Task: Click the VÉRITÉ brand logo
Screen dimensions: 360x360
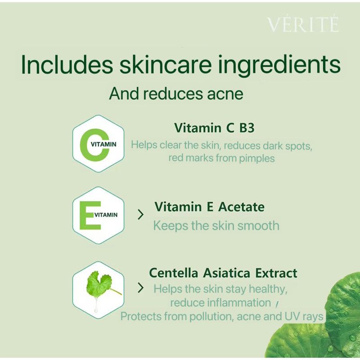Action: pyautogui.click(x=303, y=24)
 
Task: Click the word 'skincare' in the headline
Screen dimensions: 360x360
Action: pyautogui.click(x=165, y=64)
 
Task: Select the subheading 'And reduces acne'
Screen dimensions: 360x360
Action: pyautogui.click(x=176, y=94)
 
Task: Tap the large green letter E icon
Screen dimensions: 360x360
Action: pyautogui.click(x=90, y=216)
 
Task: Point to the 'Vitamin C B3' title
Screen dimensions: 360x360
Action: pyautogui.click(x=214, y=128)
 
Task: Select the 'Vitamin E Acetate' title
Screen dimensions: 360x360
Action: pyautogui.click(x=209, y=207)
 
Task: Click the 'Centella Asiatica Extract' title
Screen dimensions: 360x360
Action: pyautogui.click(x=223, y=273)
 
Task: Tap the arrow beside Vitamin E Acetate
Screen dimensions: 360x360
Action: pyautogui.click(x=140, y=215)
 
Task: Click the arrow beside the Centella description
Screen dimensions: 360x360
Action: pyautogui.click(x=140, y=288)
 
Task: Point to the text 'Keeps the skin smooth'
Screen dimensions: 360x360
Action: pyautogui.click(x=216, y=226)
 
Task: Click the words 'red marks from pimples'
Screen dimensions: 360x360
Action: pyautogui.click(x=221, y=158)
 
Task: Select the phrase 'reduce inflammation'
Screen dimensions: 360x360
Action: pyautogui.click(x=220, y=302)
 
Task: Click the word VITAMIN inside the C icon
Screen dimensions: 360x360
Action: pyautogui.click(x=103, y=144)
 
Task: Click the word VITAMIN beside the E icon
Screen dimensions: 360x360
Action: pyautogui.click(x=106, y=215)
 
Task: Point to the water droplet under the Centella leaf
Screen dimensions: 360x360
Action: pyautogui.click(x=96, y=305)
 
